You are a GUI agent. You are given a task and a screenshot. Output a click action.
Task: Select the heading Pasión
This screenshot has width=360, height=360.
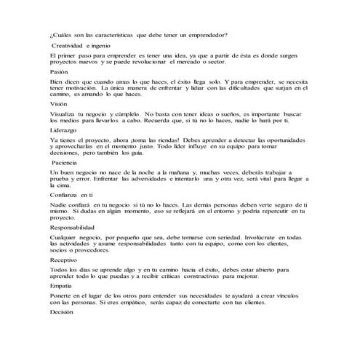60,72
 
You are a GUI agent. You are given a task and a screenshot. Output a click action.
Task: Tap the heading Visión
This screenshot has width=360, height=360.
60,104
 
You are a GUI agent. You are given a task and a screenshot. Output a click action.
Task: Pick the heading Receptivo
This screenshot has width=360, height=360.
65,260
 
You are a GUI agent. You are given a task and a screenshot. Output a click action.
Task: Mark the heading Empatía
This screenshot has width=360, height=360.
63,286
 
